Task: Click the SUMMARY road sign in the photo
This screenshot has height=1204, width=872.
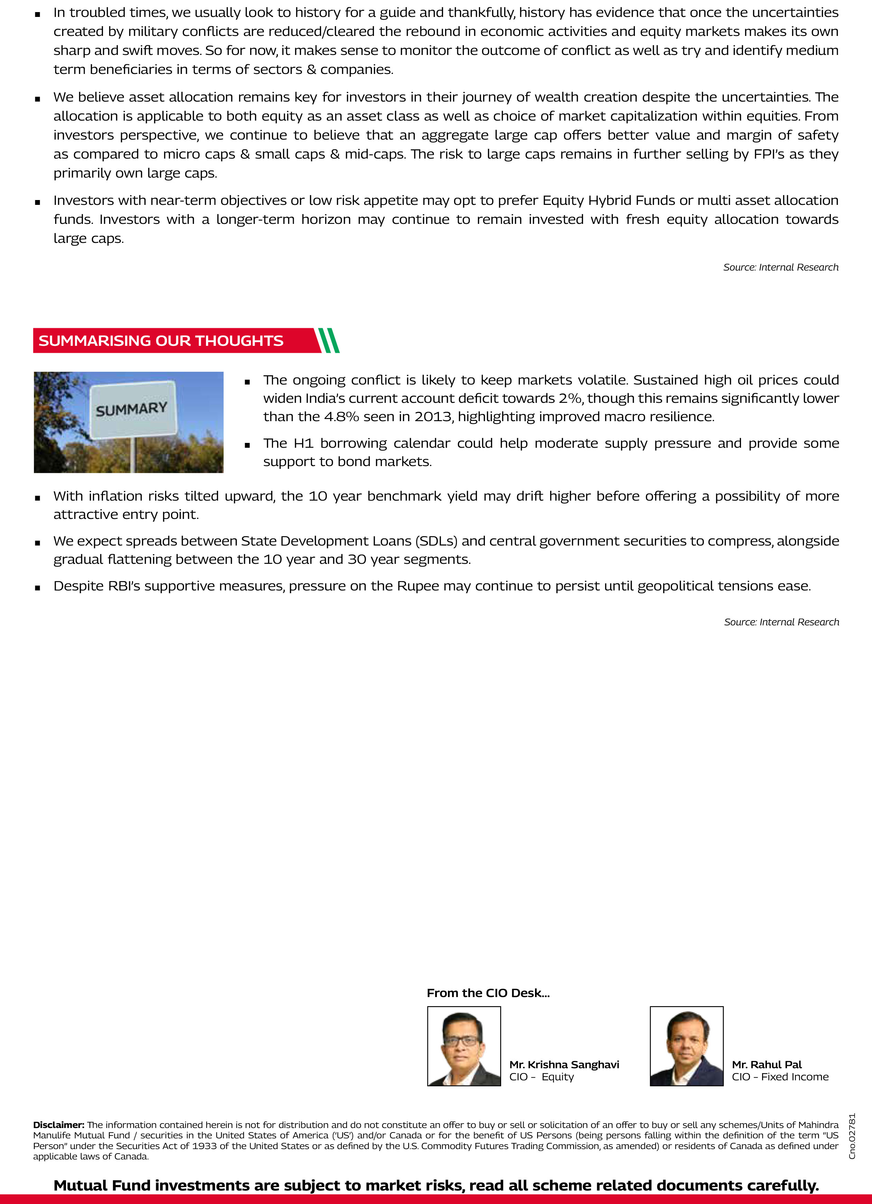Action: point(132,409)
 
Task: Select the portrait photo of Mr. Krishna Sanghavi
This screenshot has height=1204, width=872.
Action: point(463,1046)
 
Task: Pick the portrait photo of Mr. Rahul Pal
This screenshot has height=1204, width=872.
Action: point(686,1046)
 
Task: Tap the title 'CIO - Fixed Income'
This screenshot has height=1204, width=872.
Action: point(780,1077)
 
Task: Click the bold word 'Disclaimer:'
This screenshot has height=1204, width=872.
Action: point(58,1125)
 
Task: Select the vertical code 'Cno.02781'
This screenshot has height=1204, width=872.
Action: point(852,1136)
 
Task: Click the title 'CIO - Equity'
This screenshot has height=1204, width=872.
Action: point(541,1077)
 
